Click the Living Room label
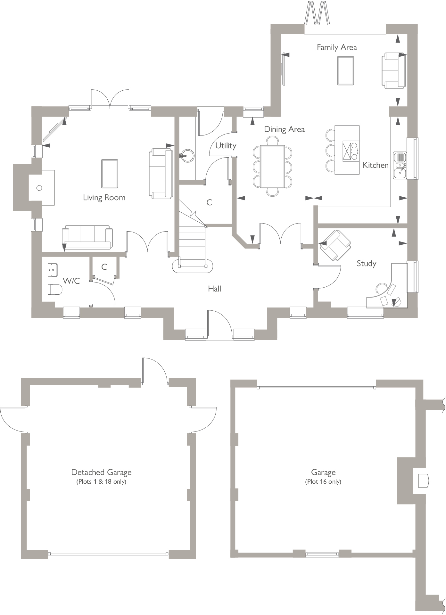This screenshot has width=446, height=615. pos(104,198)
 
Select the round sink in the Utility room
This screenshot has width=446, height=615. pos(187,156)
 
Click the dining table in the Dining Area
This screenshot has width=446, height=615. pos(272,166)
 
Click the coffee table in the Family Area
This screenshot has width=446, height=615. pos(345,71)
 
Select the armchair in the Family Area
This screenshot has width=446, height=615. pos(392,71)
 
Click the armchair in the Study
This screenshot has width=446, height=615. pos(335,245)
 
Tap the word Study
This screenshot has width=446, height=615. pos(367,264)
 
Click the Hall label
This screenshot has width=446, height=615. pos(214,289)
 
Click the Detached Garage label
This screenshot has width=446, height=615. pos(101,472)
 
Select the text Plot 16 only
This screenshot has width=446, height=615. pos(323,482)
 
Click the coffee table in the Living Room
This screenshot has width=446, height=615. pos(110,174)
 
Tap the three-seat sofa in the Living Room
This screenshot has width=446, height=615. pos(87,237)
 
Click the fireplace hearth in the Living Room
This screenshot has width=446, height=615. pos(42,188)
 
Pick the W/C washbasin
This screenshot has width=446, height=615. pos(53,270)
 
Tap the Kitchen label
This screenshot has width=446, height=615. pos(376,165)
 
